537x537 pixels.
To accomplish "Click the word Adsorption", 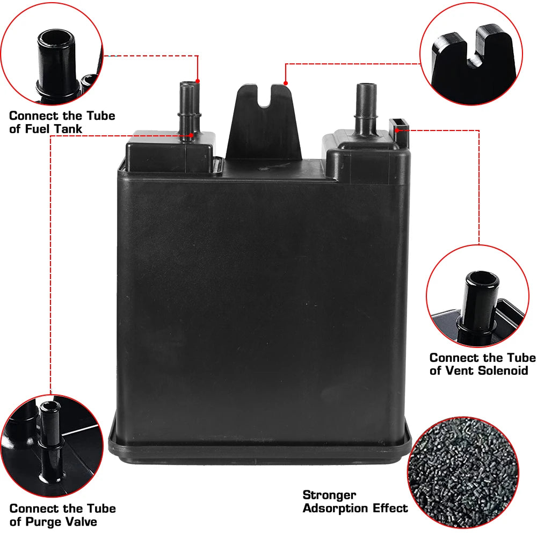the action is [x=335, y=508].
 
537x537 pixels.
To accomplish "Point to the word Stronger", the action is [x=329, y=495].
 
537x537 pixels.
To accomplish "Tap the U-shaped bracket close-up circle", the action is [x=471, y=54].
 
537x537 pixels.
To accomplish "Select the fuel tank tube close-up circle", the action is [x=52, y=54].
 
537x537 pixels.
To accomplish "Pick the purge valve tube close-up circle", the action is [x=52, y=446].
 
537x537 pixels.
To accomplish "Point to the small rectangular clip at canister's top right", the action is [x=399, y=132].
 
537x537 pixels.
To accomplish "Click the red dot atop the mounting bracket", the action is [x=286, y=83].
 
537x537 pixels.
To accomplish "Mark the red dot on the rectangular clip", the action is [x=397, y=130].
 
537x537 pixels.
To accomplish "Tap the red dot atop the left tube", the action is [x=198, y=81].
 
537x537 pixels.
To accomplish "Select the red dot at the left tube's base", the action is [x=191, y=135].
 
